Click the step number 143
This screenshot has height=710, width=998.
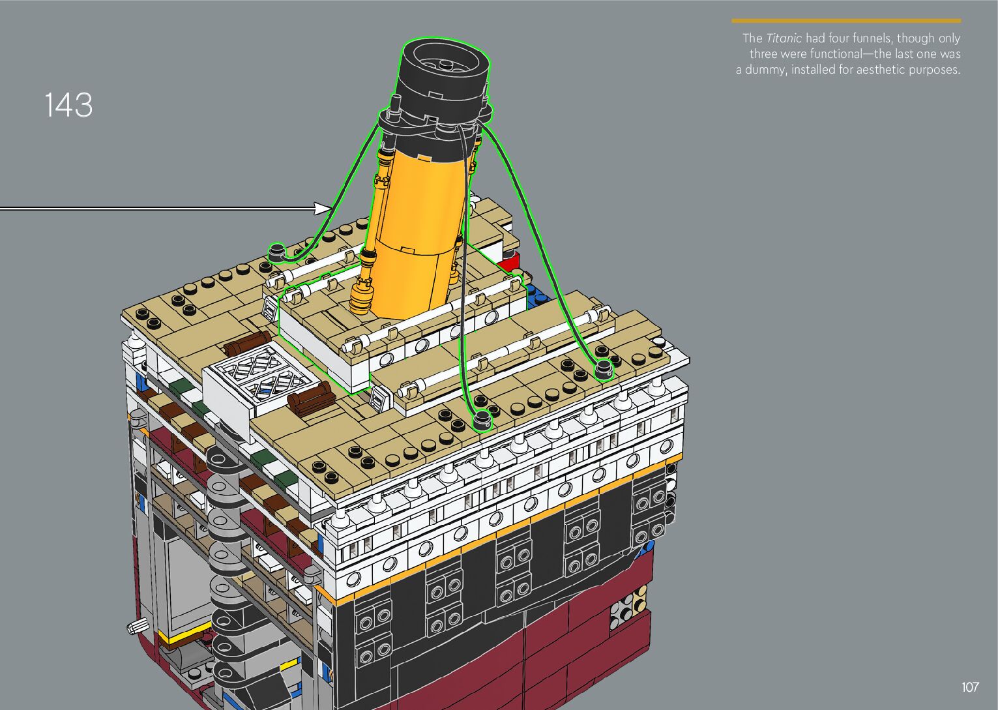coord(68,105)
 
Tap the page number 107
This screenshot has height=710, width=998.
coord(970,687)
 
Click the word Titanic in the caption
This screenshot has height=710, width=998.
coord(784,38)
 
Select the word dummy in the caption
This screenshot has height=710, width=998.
coord(765,70)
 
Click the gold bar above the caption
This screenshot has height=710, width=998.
coord(846,21)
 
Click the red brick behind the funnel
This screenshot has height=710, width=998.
coord(508,263)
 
